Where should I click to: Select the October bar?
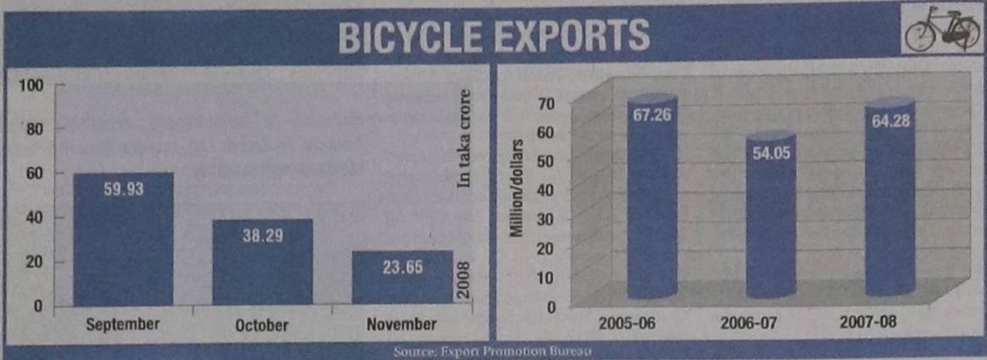263,267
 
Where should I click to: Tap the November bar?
402,280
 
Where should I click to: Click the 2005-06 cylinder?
652,203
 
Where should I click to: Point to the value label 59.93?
124,190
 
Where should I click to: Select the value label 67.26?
652,114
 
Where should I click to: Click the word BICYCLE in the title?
403,36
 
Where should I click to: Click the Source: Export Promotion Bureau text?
493,352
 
